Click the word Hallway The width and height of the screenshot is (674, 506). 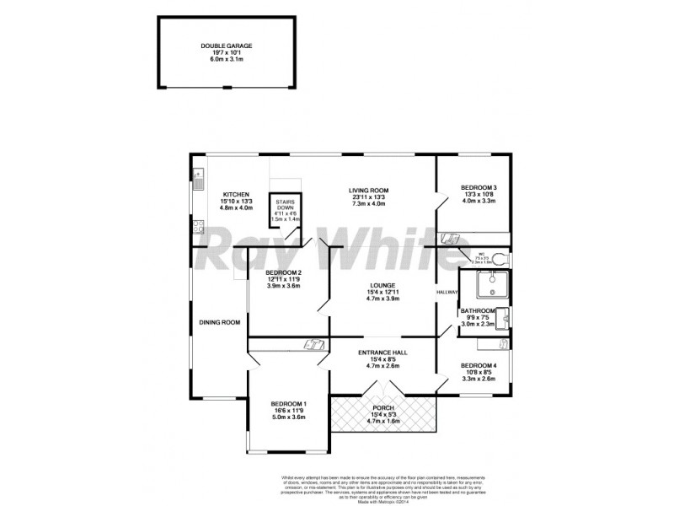(447, 293)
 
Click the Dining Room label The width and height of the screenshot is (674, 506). (219, 322)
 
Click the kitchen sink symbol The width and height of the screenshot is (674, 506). (198, 180)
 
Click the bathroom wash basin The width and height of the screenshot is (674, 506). (502, 317)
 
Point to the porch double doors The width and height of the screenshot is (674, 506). (382, 389)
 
